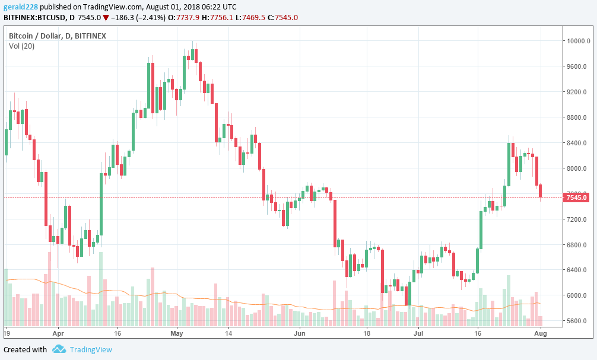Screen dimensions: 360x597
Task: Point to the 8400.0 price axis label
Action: (x=576, y=143)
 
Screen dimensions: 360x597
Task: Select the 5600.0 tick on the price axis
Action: (x=576, y=321)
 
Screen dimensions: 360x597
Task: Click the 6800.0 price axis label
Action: (x=576, y=244)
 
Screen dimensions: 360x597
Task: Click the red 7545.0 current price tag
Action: (x=577, y=197)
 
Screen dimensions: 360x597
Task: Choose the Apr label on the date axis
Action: (x=58, y=333)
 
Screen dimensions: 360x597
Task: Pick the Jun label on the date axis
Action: (x=298, y=333)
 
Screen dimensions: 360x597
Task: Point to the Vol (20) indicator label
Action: (x=21, y=46)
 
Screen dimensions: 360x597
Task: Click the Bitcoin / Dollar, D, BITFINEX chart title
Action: (x=57, y=36)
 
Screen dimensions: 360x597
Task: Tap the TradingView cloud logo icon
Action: (x=59, y=349)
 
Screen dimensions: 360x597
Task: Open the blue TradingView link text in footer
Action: (x=90, y=349)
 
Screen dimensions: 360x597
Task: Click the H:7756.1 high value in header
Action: (x=215, y=17)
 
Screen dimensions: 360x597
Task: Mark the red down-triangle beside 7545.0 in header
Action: (x=106, y=18)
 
